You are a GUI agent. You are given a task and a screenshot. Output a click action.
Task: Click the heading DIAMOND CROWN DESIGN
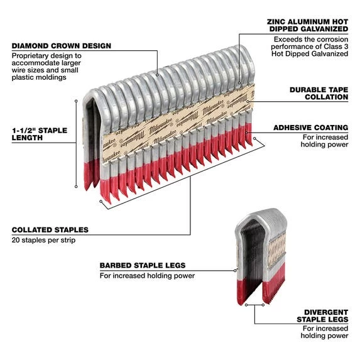(61, 46)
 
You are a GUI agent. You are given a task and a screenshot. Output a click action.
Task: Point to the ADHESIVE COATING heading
(310, 128)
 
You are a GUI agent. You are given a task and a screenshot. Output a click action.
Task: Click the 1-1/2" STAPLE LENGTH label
(39, 134)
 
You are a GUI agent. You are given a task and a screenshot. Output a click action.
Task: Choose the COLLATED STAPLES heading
(50, 230)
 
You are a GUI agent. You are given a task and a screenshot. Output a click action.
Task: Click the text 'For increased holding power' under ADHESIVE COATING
(324, 141)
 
